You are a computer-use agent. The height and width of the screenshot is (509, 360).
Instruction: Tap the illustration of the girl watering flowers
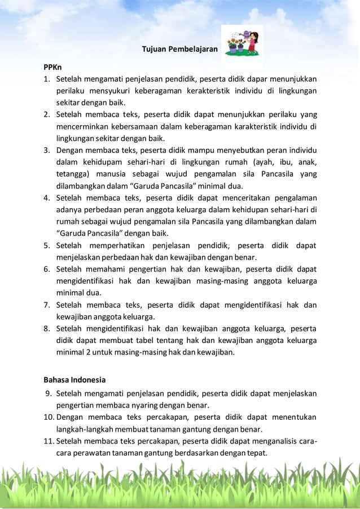point(242,41)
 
